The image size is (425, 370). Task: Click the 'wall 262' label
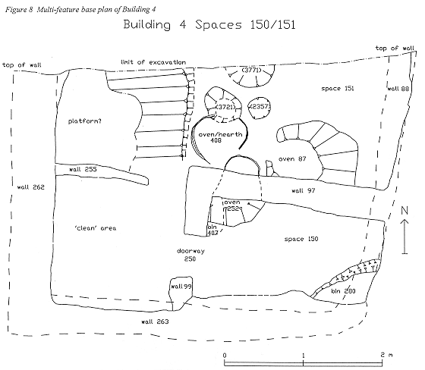click(x=30, y=187)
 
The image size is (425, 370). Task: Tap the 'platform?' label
click(x=85, y=121)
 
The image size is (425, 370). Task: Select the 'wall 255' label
click(x=83, y=170)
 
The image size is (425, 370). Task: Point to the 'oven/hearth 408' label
click(x=220, y=137)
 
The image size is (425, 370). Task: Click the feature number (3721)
click(x=225, y=107)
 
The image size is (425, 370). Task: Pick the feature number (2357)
click(x=260, y=107)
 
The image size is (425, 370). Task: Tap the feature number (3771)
click(x=252, y=71)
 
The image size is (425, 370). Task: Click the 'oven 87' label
click(x=292, y=158)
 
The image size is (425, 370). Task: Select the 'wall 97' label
click(x=304, y=191)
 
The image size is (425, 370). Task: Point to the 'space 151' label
click(x=338, y=89)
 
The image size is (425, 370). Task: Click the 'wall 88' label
click(x=398, y=89)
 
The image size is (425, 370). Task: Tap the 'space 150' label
click(x=301, y=239)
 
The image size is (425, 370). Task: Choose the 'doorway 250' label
click(x=190, y=255)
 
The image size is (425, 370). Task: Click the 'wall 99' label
click(x=181, y=287)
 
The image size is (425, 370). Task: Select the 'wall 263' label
click(x=155, y=321)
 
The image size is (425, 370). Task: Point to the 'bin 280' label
click(x=343, y=291)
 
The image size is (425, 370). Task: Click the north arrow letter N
click(x=405, y=211)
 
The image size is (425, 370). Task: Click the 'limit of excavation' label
click(x=153, y=62)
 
